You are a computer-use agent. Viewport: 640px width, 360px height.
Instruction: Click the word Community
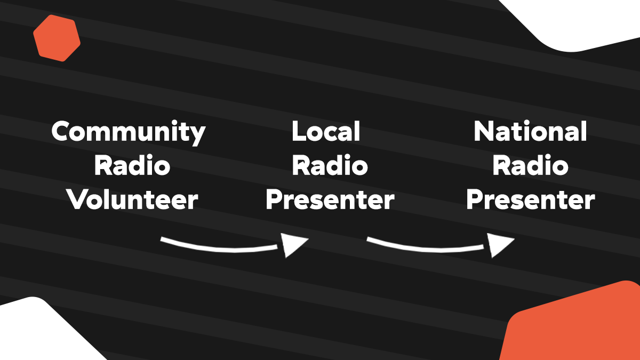129,132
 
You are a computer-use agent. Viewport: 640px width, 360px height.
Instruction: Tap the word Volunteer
132,200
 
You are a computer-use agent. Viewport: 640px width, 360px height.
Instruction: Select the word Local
326,131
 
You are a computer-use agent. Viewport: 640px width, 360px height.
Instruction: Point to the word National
530,131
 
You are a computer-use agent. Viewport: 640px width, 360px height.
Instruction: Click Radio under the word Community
132,166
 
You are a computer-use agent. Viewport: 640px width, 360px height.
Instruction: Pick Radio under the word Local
330,166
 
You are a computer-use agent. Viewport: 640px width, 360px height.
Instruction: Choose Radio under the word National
530,166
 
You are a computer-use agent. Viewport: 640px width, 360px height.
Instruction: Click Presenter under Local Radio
330,201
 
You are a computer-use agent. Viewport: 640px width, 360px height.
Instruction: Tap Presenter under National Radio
530,201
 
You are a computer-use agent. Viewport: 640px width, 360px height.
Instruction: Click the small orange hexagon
57,38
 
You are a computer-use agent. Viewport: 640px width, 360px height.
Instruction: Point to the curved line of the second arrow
427,247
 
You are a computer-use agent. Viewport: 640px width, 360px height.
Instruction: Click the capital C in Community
62,132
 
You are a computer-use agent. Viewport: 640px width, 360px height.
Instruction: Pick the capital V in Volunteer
77,200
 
